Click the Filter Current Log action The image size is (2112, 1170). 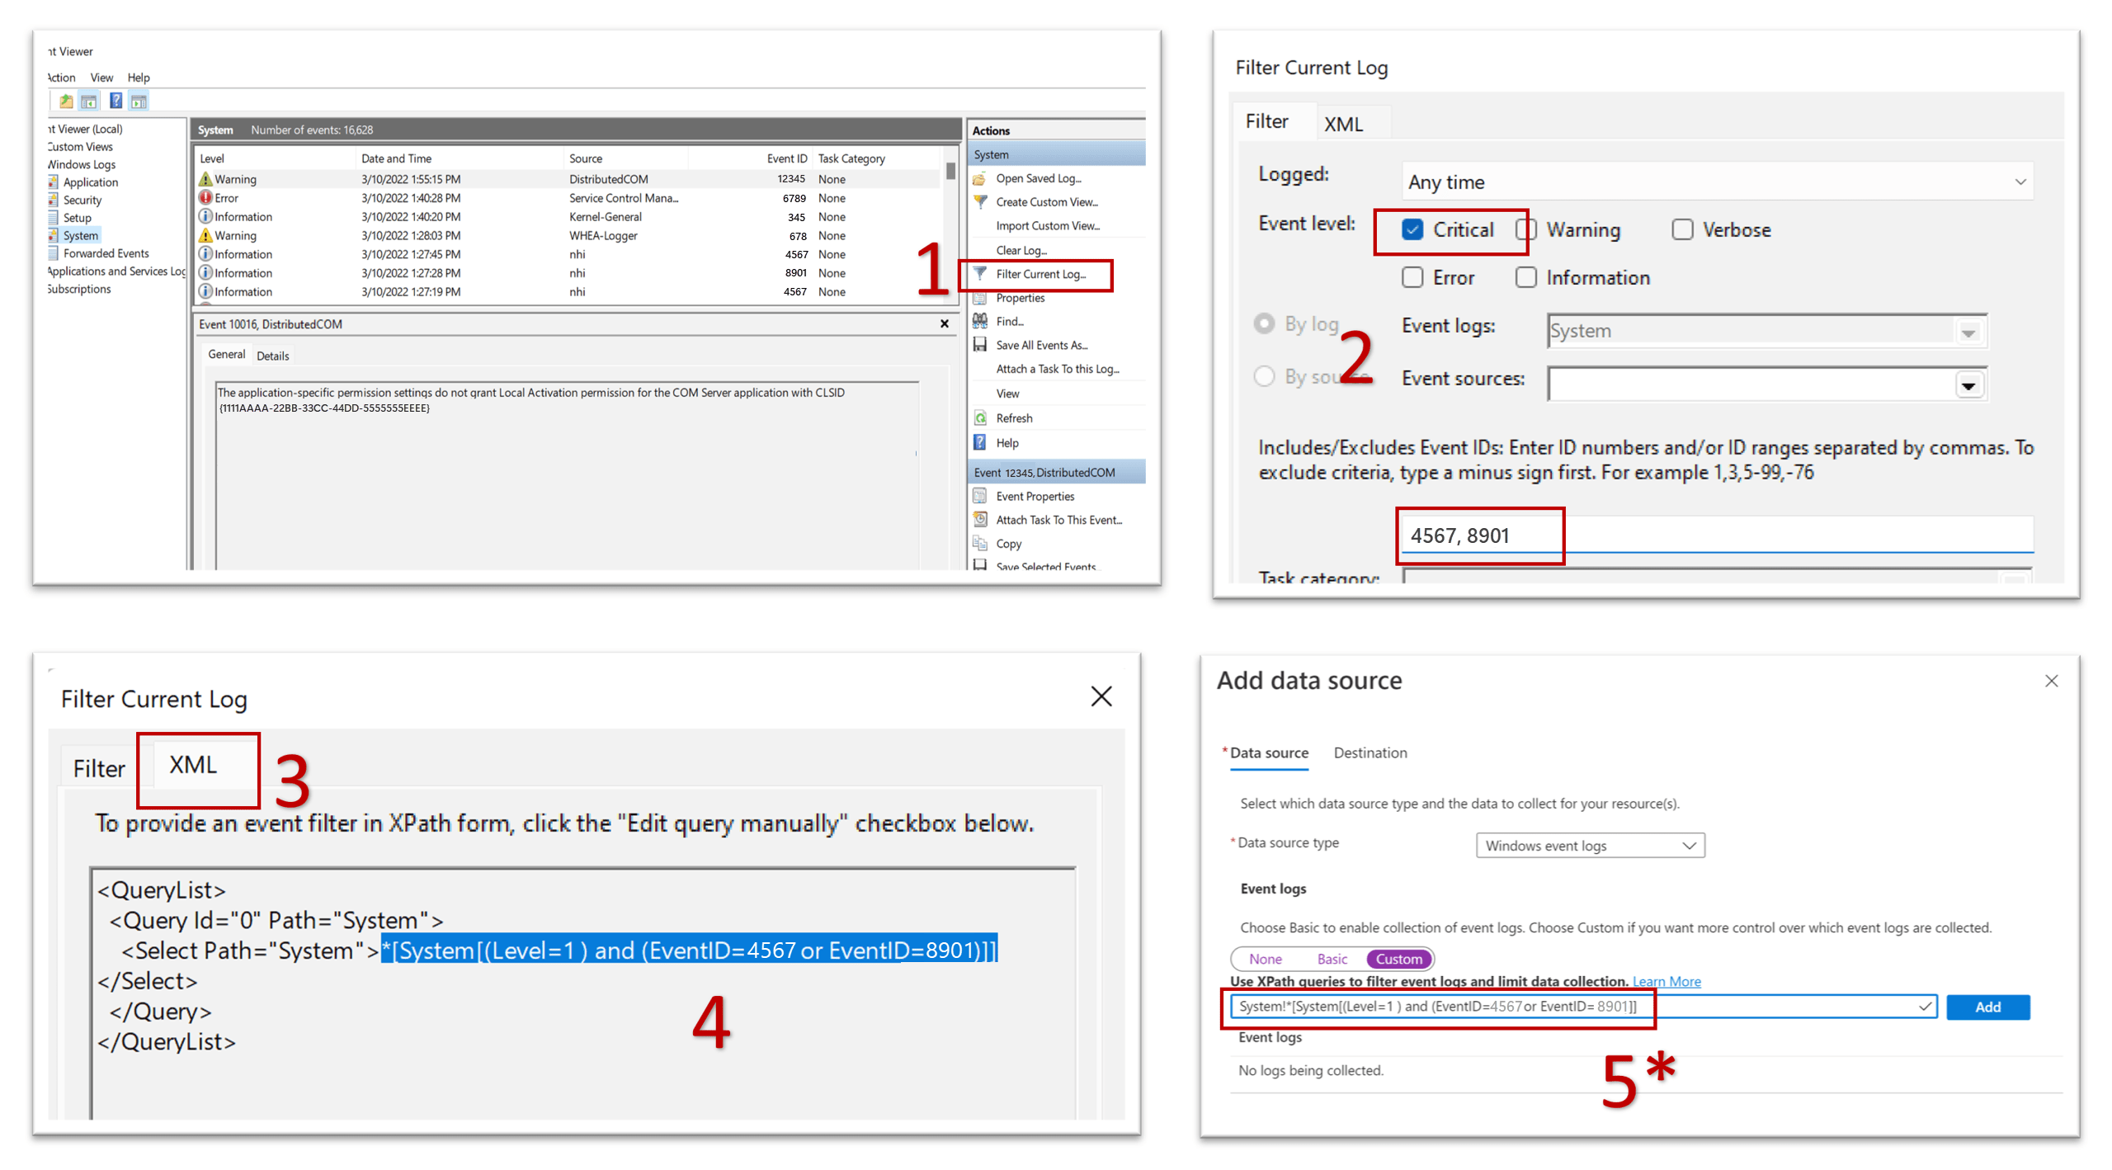click(1039, 274)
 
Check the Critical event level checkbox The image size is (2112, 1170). click(1412, 229)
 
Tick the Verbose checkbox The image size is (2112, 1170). click(1681, 229)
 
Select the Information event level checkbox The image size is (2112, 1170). click(1525, 277)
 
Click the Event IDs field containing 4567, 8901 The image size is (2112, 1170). click(1716, 535)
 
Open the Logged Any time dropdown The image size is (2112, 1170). click(1716, 182)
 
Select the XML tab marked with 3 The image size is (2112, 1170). click(193, 765)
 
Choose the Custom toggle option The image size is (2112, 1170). click(1398, 959)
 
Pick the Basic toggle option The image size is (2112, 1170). click(1332, 959)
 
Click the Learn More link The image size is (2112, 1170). click(1666, 981)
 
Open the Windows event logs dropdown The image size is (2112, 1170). click(1589, 845)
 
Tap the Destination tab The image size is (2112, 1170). click(1369, 752)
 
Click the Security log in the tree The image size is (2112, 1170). click(82, 200)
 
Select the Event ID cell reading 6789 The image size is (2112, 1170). click(794, 198)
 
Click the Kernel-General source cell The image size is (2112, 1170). click(605, 217)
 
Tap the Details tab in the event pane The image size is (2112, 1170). click(272, 356)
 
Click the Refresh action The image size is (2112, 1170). click(1014, 418)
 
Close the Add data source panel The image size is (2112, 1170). click(2051, 681)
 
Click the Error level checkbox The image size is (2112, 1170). click(1412, 277)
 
